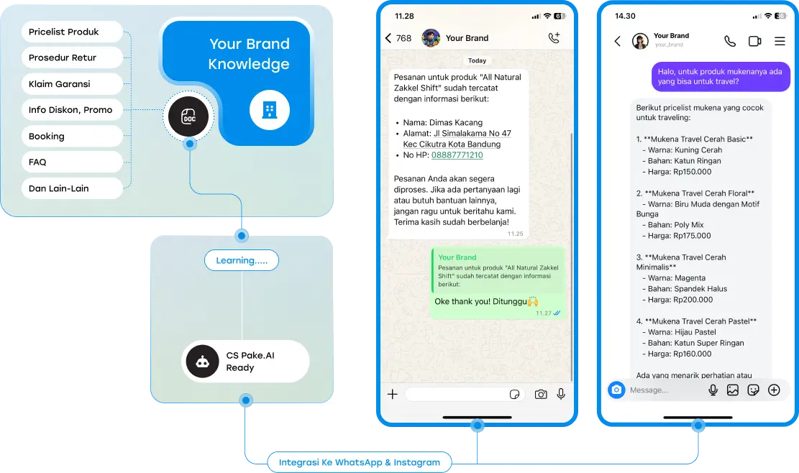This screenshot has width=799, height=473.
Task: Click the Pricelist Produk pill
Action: click(x=72, y=32)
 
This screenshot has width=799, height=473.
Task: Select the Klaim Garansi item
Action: click(x=72, y=84)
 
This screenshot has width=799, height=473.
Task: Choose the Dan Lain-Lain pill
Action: click(x=72, y=188)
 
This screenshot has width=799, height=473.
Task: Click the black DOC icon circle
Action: click(x=188, y=116)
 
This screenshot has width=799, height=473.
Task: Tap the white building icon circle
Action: click(x=270, y=110)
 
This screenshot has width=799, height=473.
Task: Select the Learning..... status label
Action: click(x=242, y=260)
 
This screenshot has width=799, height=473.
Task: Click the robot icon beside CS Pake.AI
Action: click(x=202, y=362)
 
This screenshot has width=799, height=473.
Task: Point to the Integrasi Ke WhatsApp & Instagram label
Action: click(x=360, y=462)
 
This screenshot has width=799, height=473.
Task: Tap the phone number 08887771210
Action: click(x=457, y=155)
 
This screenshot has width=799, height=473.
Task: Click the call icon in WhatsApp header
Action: click(x=554, y=37)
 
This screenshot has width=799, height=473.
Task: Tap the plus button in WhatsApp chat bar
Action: click(x=393, y=394)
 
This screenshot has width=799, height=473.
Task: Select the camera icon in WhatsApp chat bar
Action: click(x=541, y=394)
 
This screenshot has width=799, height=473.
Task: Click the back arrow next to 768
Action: click(x=388, y=38)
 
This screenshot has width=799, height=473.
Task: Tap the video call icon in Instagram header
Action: click(x=754, y=41)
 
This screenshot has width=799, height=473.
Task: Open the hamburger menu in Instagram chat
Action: click(x=780, y=41)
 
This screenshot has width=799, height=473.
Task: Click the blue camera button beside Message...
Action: click(x=616, y=390)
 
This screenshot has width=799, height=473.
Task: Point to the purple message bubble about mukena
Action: click(x=721, y=77)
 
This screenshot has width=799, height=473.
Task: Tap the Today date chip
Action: click(x=477, y=60)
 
